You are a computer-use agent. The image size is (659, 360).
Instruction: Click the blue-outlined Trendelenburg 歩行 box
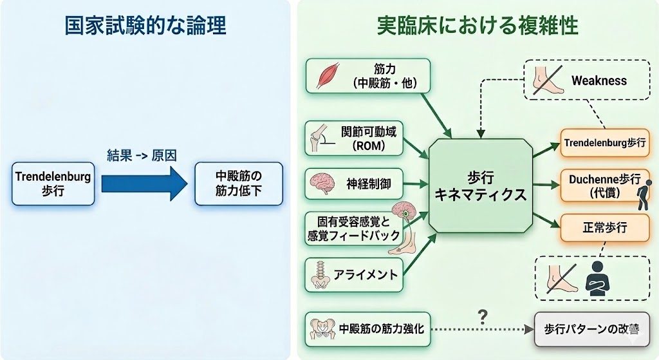(x=53, y=183)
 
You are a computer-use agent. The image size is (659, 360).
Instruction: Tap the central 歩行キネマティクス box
(x=481, y=185)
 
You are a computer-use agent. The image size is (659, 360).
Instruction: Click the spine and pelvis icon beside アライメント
(x=320, y=276)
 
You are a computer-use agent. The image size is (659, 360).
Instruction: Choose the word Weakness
(x=599, y=81)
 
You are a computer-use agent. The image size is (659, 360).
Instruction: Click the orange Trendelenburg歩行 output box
(x=603, y=142)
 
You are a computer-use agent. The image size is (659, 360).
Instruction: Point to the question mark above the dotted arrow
(x=480, y=316)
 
